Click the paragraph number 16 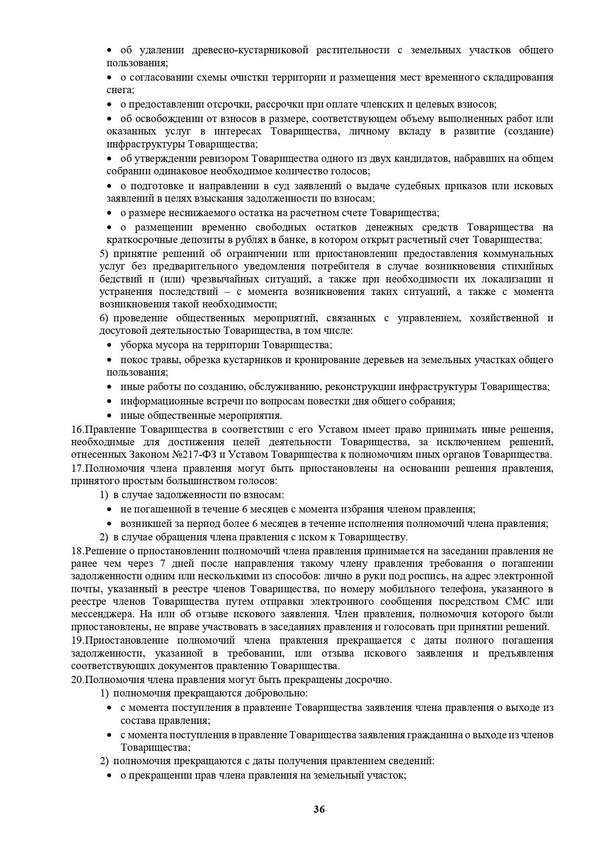tap(77, 429)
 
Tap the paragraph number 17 tap(77, 468)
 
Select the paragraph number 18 tap(77, 551)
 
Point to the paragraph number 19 tap(77, 640)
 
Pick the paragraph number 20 tap(77, 680)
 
